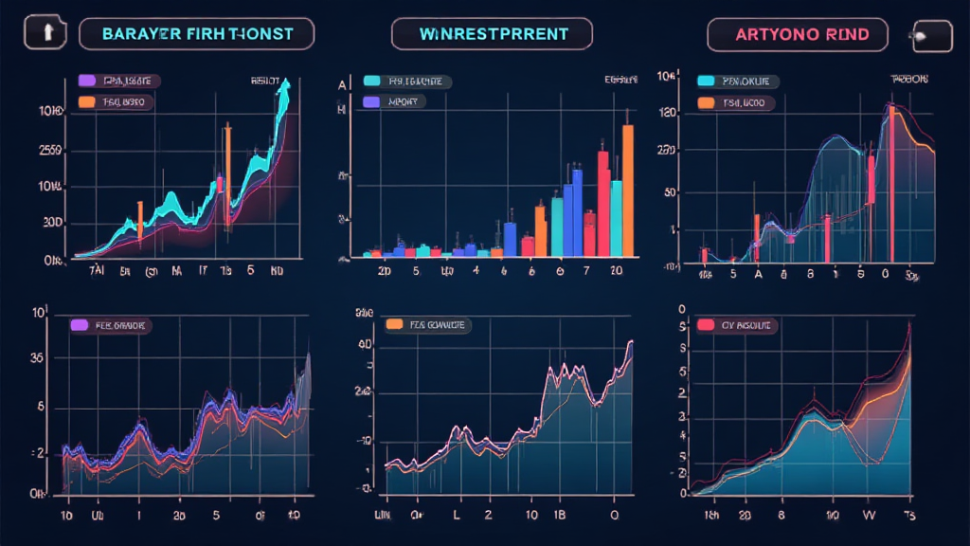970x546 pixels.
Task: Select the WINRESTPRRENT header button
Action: pos(493,35)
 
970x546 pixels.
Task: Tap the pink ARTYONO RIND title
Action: pos(798,35)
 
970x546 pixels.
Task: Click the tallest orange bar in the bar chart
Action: pos(627,190)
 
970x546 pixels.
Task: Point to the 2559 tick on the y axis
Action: pos(51,150)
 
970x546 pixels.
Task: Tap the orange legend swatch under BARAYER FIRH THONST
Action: pos(87,100)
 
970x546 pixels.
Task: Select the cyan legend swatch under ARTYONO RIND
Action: pos(705,82)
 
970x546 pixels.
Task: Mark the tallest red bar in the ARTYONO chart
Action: pos(890,185)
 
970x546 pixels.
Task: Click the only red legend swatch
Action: pos(705,325)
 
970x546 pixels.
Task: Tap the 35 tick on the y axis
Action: pos(38,359)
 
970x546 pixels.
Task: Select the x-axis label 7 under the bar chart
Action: pos(586,271)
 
